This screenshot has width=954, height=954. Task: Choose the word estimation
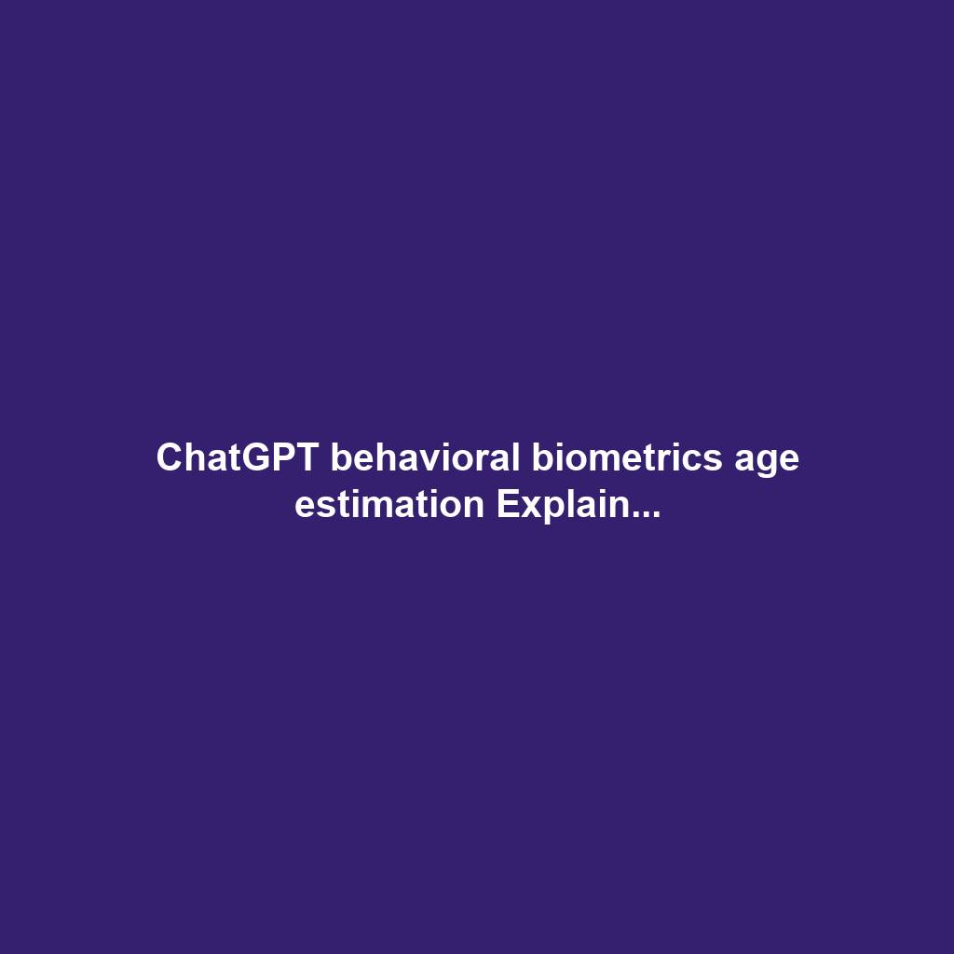click(389, 505)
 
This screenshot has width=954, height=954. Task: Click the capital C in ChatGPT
click(169, 458)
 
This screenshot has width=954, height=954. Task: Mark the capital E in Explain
click(506, 505)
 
